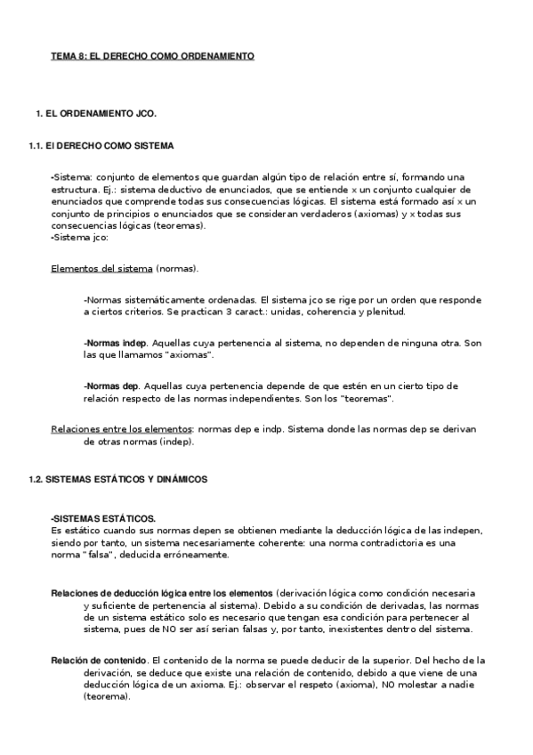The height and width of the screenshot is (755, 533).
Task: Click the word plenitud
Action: [384, 313]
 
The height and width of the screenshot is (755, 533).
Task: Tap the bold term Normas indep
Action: [115, 342]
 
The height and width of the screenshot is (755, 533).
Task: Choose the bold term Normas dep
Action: [111, 386]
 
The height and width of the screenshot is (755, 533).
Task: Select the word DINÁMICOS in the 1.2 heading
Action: [179, 479]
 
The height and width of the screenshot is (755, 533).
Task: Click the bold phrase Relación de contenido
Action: [99, 660]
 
